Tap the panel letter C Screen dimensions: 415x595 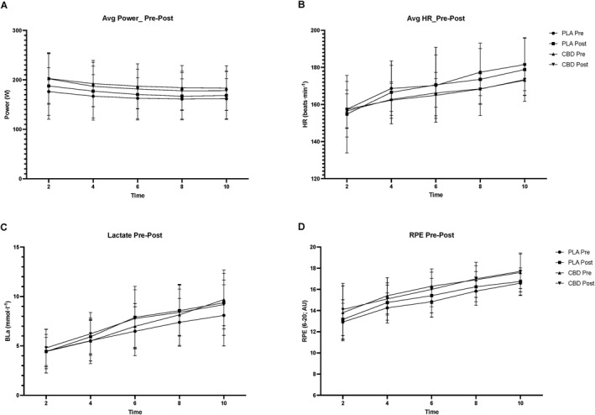click(x=6, y=225)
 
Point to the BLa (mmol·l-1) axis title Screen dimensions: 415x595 click(x=8, y=321)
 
